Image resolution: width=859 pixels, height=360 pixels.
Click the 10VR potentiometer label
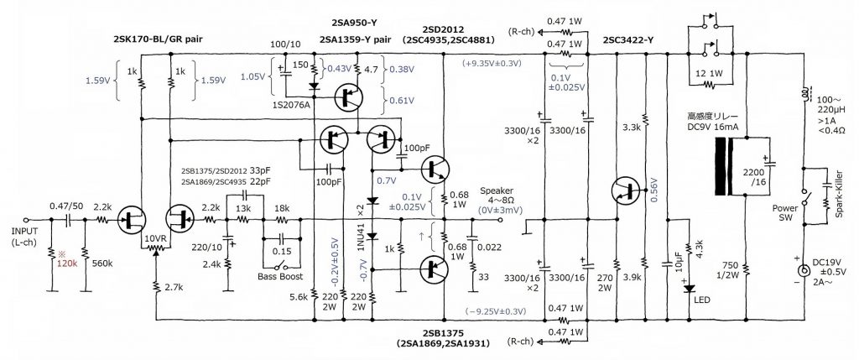coord(157,237)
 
